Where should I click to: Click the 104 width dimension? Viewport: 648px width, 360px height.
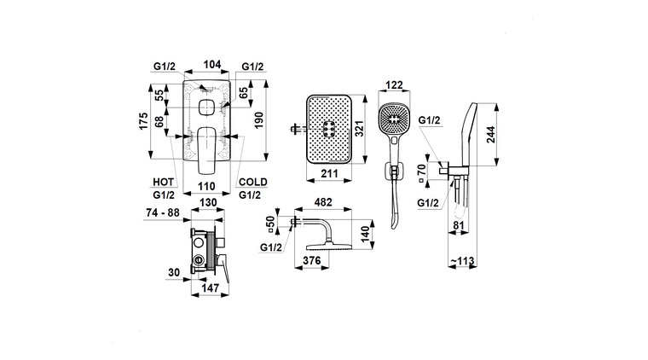point(212,65)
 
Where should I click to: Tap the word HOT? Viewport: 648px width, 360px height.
point(163,182)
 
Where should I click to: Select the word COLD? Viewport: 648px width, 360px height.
point(253,182)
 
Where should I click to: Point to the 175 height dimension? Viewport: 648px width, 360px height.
point(143,121)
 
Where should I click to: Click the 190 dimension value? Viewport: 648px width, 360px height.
point(258,120)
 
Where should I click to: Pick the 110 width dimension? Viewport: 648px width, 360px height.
point(206,187)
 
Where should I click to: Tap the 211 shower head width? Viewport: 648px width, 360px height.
point(329,173)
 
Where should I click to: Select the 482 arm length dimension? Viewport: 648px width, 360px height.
point(323,202)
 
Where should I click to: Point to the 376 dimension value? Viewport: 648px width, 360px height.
point(311,260)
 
